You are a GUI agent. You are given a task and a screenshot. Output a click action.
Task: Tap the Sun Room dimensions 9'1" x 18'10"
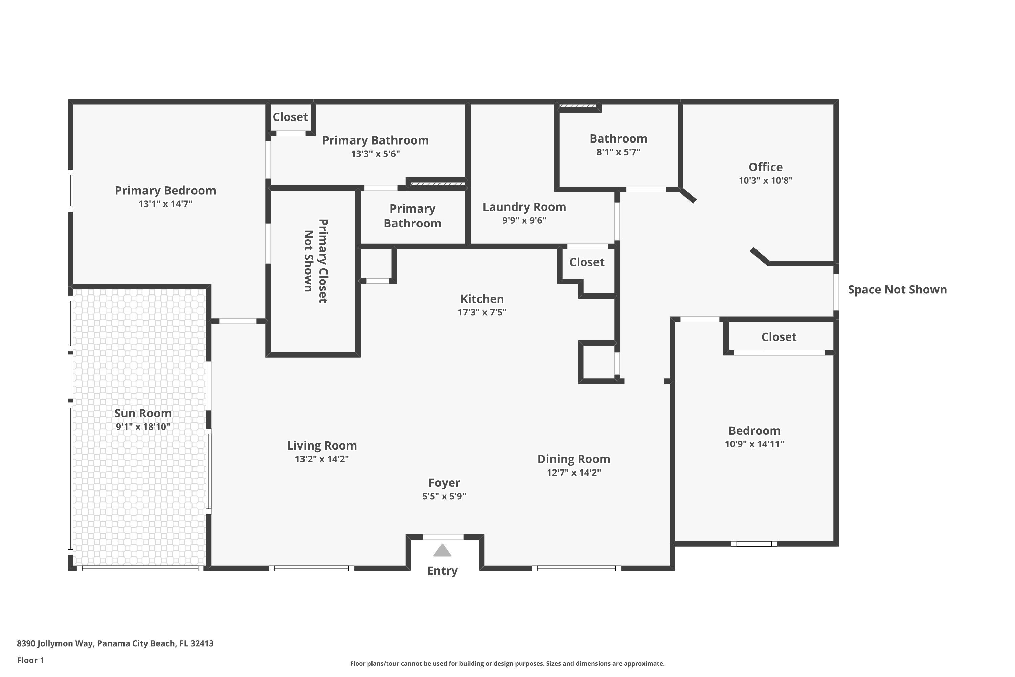coord(143,427)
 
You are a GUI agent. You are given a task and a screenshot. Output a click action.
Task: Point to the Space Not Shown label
coord(897,290)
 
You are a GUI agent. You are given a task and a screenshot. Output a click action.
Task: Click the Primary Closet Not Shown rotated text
coord(315,261)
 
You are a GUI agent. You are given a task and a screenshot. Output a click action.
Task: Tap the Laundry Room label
coord(524,207)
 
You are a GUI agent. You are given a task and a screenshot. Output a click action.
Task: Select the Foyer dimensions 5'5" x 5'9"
coord(444,496)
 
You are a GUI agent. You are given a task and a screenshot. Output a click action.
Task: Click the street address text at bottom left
coord(115,643)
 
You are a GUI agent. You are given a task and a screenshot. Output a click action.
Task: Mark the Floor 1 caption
coord(30,660)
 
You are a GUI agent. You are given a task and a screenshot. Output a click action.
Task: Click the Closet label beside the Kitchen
coord(586,262)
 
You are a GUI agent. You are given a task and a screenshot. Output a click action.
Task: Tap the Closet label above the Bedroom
coord(779,337)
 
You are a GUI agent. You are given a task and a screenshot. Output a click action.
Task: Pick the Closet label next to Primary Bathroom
coord(290,117)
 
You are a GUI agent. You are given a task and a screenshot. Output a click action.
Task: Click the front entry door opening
coord(443,537)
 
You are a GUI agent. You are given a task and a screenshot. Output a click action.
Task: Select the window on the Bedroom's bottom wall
coord(753,544)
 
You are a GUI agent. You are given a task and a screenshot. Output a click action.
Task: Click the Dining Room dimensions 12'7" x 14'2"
coord(573,472)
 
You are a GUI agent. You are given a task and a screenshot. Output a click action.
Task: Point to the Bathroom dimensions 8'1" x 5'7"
coord(618,152)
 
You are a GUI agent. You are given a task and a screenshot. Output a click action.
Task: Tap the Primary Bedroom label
coord(165,190)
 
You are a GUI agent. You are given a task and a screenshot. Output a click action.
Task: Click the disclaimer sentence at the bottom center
coord(507,663)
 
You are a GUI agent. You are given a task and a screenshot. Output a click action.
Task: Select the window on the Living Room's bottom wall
coord(311,568)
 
